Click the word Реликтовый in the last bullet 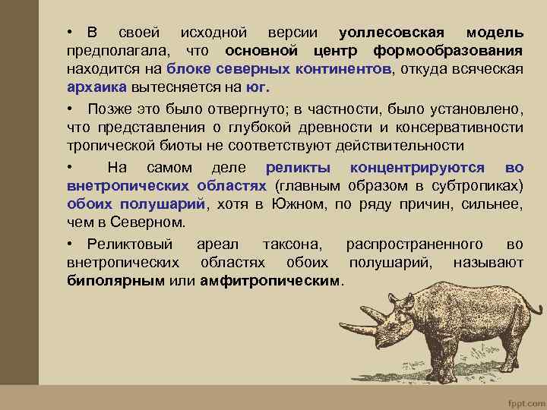tap(130, 244)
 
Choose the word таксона tap(292, 244)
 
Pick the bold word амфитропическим tap(270, 281)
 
